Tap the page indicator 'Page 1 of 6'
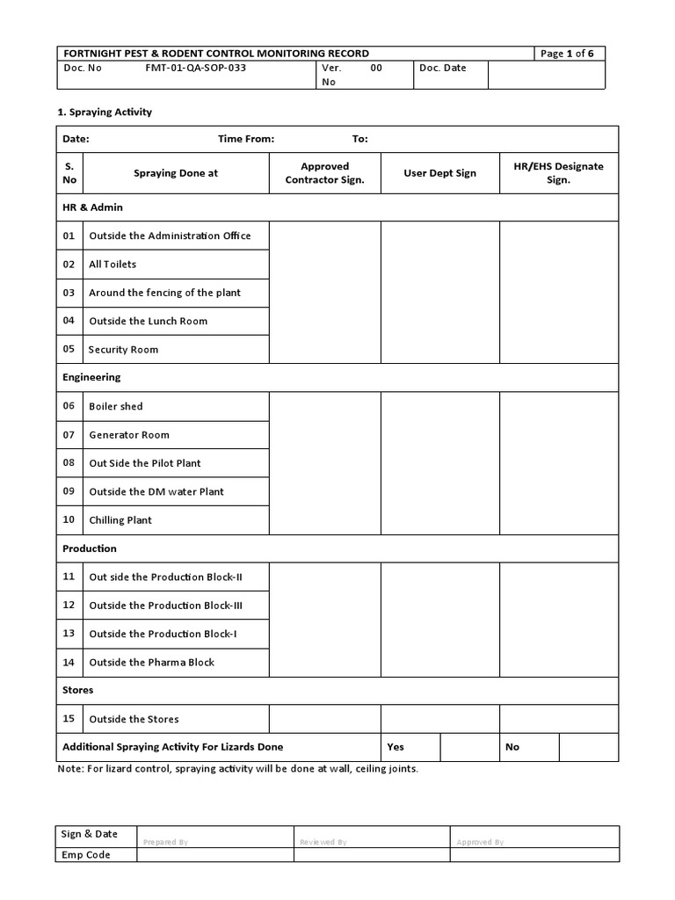pos(567,54)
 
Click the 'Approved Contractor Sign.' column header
pos(324,173)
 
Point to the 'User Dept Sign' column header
pos(439,173)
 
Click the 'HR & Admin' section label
pos(92,207)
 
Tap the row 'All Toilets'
pos(112,265)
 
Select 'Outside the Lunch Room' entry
pos(148,321)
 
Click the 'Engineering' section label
pos(91,377)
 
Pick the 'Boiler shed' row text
pos(115,407)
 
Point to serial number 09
pos(69,491)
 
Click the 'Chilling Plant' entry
pos(120,520)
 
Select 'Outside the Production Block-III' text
pos(165,606)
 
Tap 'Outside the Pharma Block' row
pos(151,663)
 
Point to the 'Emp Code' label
pos(86,855)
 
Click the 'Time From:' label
pos(246,139)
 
